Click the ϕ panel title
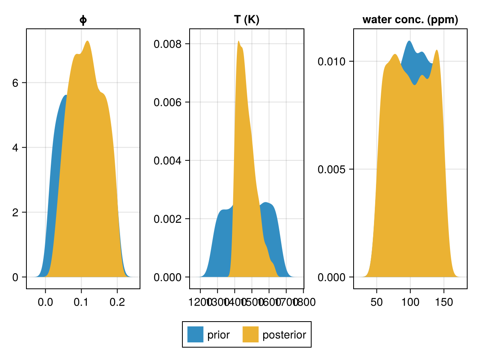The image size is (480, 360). tap(83, 20)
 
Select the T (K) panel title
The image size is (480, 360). tap(247, 20)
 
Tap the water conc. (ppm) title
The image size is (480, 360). tap(410, 20)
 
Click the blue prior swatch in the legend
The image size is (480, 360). tap(195, 334)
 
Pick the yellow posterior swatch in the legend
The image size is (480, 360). tap(251, 334)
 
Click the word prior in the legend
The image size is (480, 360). tap(218, 335)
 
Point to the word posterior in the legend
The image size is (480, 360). tap(284, 335)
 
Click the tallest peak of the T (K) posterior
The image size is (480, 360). tap(238, 41)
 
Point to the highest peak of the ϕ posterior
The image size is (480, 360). tap(87, 41)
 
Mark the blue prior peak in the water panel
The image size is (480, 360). tap(409, 41)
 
